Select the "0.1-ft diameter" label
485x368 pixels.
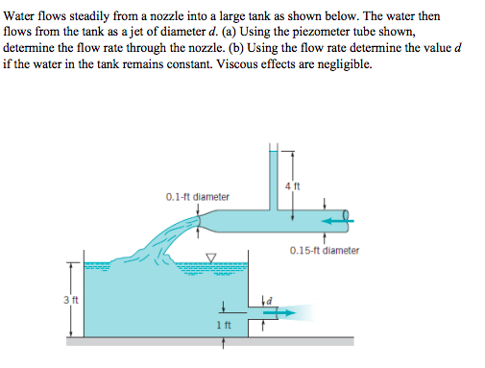(x=198, y=197)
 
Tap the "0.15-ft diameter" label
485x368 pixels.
(x=324, y=251)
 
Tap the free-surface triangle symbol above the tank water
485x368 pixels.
(x=212, y=257)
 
